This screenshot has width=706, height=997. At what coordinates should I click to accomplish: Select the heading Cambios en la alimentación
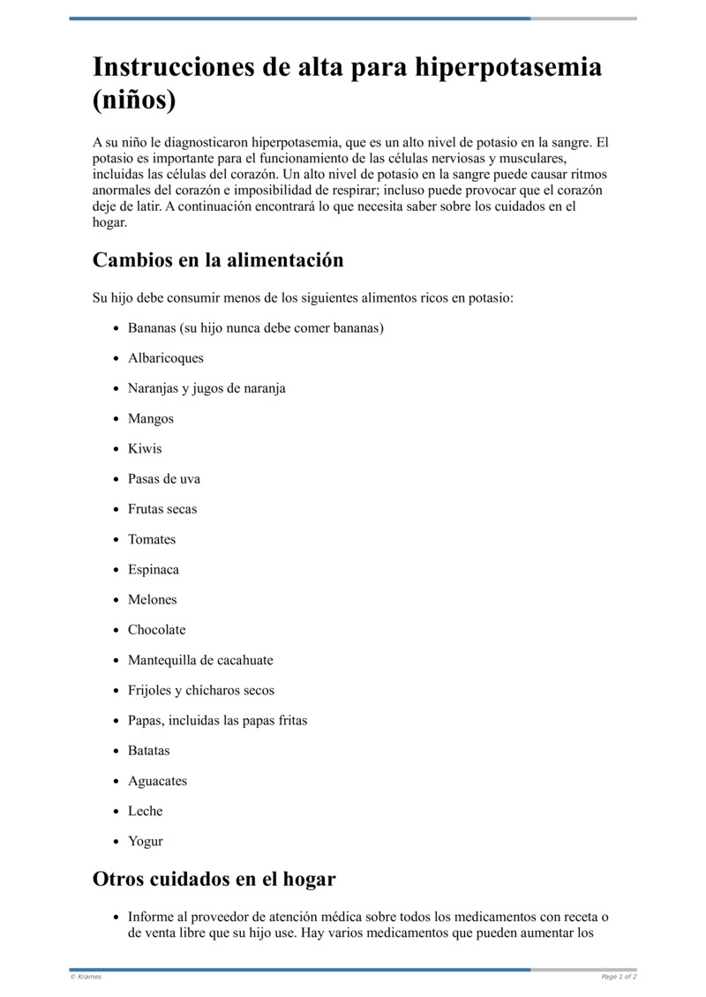pos(218,260)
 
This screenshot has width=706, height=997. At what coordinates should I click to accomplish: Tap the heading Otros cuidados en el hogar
pos(214,880)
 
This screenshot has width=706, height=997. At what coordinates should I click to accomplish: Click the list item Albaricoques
pos(166,358)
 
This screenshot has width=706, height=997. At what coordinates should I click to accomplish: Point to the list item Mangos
pos(151,418)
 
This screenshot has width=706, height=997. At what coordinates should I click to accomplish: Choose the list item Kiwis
pos(145,448)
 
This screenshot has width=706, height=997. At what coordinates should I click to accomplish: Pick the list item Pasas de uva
pos(164,479)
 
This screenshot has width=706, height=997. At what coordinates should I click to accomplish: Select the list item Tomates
pos(152,539)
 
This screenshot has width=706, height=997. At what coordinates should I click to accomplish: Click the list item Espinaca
pos(154,569)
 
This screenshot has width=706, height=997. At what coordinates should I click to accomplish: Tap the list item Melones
pos(153,600)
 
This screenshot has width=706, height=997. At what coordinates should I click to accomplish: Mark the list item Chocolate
pos(157,630)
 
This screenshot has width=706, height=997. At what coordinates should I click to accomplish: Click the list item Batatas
pos(149,751)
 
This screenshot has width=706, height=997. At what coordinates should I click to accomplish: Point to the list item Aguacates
pos(158,781)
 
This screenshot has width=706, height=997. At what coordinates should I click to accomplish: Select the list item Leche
pos(146,811)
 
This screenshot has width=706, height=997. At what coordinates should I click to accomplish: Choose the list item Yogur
pos(146,842)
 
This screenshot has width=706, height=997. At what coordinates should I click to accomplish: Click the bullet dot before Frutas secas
pos(116,510)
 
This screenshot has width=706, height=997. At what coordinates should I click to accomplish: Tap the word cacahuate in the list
pos(244,660)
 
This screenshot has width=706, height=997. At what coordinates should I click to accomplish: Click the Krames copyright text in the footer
pos(86,977)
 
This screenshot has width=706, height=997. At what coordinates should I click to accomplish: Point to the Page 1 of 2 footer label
pos(619,977)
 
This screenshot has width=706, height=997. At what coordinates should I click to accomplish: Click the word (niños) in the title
pos(134,100)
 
